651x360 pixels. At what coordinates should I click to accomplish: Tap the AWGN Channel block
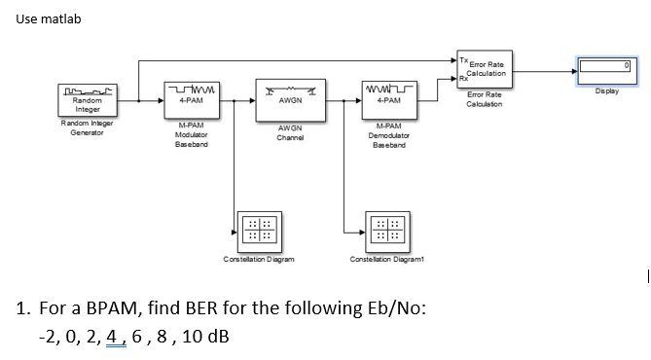(x=289, y=99)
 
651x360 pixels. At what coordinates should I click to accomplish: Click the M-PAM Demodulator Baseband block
(x=388, y=99)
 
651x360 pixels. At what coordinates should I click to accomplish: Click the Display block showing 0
(x=606, y=67)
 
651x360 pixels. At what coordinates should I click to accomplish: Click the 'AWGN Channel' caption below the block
(x=289, y=132)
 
